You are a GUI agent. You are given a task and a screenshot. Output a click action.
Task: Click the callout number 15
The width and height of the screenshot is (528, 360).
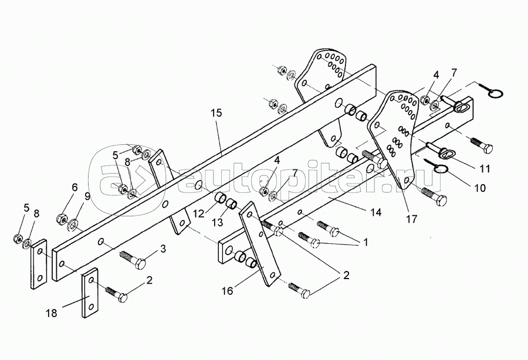click(217, 113)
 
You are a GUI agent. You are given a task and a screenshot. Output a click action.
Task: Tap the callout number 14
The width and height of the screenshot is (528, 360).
click(376, 212)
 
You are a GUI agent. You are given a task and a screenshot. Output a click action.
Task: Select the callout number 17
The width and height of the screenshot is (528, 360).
click(411, 219)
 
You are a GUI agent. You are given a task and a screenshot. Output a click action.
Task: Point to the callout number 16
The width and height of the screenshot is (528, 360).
click(228, 291)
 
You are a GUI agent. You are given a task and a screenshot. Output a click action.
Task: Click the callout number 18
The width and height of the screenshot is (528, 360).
click(52, 314)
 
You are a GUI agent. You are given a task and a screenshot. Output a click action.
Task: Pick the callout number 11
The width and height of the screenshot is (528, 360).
click(485, 168)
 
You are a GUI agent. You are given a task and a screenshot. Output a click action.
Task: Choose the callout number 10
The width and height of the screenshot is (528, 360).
click(480, 188)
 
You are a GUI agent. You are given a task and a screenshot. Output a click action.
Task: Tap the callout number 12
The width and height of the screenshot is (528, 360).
click(199, 213)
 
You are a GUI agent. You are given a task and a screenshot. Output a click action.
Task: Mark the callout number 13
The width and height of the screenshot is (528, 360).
click(218, 222)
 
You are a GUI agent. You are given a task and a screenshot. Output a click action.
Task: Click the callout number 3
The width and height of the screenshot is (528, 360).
click(163, 249)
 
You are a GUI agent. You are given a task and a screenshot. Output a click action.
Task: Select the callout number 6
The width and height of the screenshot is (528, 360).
click(75, 187)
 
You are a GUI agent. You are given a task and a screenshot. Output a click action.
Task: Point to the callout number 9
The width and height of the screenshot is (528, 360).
click(87, 196)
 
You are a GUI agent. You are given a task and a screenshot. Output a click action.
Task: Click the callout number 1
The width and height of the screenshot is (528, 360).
click(365, 242)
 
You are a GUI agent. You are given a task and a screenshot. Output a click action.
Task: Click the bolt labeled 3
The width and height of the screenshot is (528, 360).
click(133, 259)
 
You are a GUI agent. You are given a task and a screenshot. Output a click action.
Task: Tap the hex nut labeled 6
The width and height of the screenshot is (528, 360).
click(61, 219)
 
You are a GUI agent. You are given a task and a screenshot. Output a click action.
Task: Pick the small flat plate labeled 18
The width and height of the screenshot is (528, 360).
click(90, 293)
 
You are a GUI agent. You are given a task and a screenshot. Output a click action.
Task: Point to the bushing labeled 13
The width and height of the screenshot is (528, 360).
click(231, 204)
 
